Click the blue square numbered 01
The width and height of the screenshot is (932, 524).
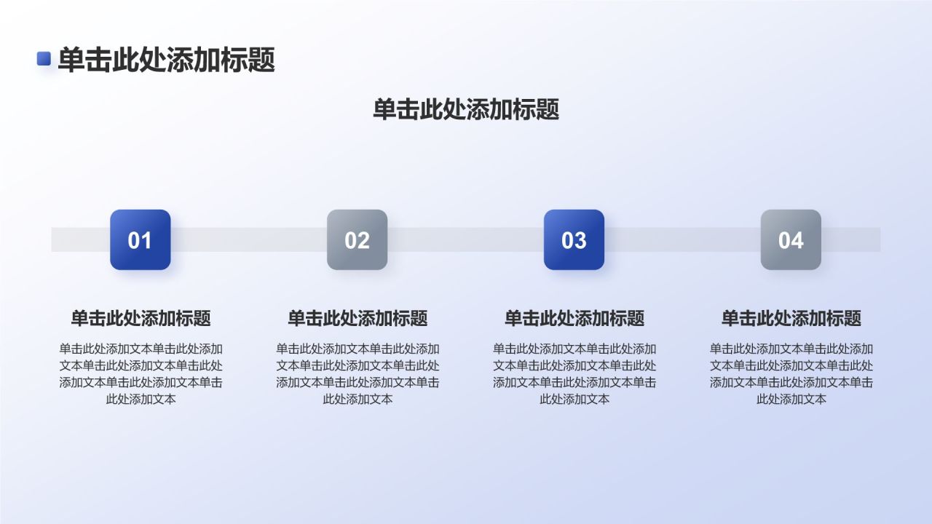(141, 239)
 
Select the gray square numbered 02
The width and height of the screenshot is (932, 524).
(357, 239)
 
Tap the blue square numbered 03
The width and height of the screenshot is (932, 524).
(574, 239)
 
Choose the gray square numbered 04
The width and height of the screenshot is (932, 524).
(791, 239)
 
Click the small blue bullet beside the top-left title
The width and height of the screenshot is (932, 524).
(44, 58)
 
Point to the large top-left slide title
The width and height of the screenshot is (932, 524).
(167, 60)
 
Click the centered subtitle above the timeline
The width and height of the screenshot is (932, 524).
(466, 109)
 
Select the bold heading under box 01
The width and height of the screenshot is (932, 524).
(141, 318)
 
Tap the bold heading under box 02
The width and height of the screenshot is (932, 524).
(358, 318)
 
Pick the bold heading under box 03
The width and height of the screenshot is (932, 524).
(574, 318)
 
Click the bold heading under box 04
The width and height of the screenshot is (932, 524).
(791, 318)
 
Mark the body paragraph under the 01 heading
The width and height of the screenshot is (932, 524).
(141, 374)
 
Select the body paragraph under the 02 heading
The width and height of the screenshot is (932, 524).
(358, 374)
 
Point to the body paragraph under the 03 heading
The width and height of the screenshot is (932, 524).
(574, 374)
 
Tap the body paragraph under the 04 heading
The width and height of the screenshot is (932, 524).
(791, 374)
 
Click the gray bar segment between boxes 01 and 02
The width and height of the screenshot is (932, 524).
(249, 239)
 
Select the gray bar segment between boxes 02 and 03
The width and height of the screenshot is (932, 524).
(465, 239)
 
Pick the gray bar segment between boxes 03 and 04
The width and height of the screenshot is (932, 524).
(682, 239)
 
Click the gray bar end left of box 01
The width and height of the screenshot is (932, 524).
(81, 239)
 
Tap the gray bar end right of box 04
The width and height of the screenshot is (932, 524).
(851, 239)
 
